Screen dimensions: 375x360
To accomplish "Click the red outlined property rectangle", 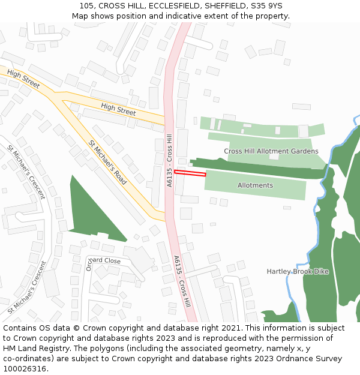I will pyautogui.click(x=190, y=173).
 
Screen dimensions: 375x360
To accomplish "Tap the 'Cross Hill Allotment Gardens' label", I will pyautogui.click(x=271, y=151).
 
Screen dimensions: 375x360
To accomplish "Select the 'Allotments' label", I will pyautogui.click(x=255, y=185).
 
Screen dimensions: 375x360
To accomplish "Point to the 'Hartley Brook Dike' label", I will pyautogui.click(x=298, y=272).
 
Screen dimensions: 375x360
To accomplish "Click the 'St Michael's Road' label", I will pyautogui.click(x=107, y=162).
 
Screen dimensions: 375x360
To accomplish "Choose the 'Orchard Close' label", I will pyautogui.click(x=103, y=261).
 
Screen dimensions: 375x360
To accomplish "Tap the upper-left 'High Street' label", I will pyautogui.click(x=23, y=79).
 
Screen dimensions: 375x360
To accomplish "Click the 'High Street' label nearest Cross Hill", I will pyautogui.click(x=118, y=109).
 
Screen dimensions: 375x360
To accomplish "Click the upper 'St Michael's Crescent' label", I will pyautogui.click(x=26, y=172).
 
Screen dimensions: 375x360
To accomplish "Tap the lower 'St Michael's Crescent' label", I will pyautogui.click(x=27, y=288).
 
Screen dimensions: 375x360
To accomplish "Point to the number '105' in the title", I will pyautogui.click(x=87, y=6).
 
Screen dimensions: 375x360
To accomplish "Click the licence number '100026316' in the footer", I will pyautogui.click(x=25, y=369).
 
